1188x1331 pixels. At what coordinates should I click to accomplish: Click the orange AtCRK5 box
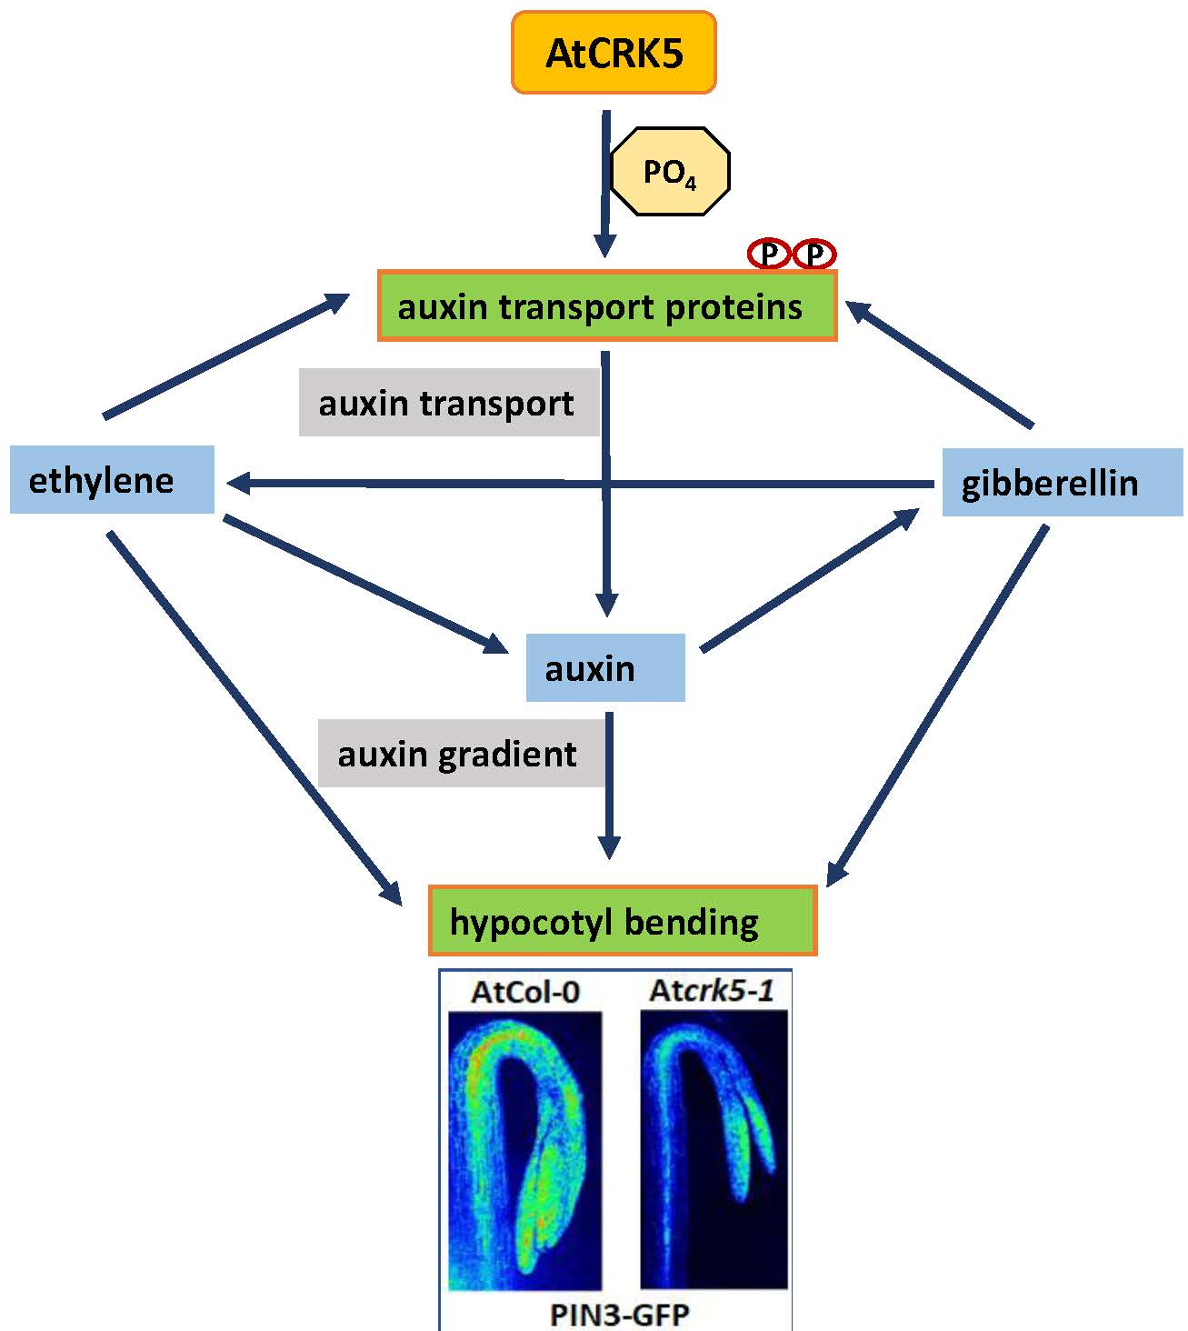[x=614, y=53]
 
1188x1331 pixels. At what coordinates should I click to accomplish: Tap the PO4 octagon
[x=669, y=171]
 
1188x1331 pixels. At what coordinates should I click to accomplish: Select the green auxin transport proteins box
[x=606, y=306]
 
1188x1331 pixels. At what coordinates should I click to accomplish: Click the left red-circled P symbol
[x=769, y=255]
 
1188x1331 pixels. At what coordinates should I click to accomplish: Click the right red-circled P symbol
[x=814, y=255]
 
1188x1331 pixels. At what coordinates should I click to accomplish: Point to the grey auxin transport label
[x=447, y=403]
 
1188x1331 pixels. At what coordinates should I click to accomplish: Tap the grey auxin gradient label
[x=460, y=754]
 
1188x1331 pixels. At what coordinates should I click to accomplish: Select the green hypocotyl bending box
[x=623, y=921]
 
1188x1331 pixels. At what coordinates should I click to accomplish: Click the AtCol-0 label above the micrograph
[x=524, y=991]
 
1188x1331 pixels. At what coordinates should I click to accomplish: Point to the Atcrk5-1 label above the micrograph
[x=712, y=990]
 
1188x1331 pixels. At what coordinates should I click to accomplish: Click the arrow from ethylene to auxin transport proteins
[x=227, y=356]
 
